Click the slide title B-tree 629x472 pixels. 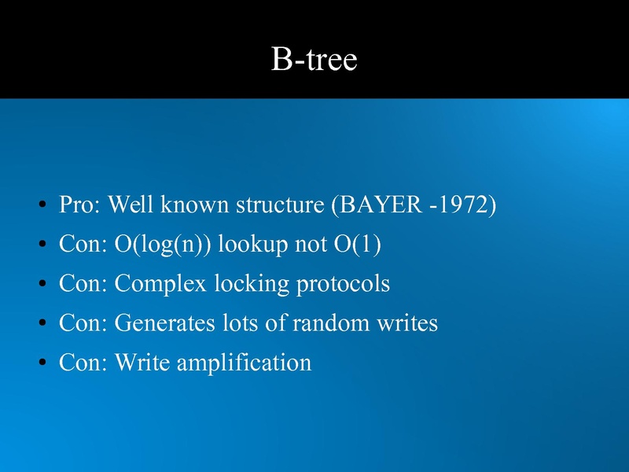(314, 60)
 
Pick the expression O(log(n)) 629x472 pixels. (163, 245)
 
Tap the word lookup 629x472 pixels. (252, 245)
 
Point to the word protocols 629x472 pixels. (342, 284)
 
